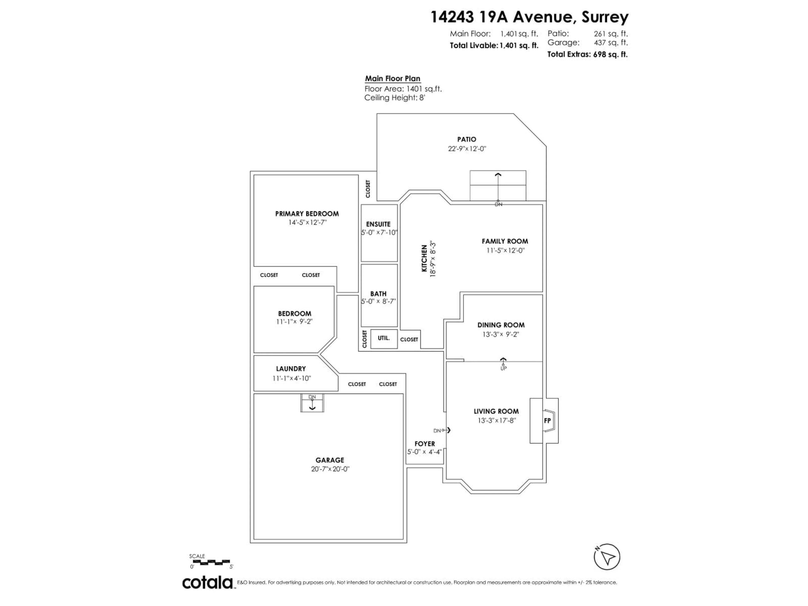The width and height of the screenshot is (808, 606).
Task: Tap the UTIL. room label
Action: tap(384, 338)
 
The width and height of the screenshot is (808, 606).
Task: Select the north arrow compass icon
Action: tap(607, 557)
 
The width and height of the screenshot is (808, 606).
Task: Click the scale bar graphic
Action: tap(210, 562)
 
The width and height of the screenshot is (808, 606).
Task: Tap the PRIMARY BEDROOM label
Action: tap(307, 214)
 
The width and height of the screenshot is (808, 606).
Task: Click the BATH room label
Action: tap(378, 294)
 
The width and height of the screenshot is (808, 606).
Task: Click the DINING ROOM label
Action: tap(501, 325)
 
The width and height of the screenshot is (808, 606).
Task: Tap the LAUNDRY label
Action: tap(291, 369)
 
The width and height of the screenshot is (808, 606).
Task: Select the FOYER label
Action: tap(424, 443)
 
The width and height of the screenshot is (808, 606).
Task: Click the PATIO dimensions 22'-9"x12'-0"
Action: tap(467, 149)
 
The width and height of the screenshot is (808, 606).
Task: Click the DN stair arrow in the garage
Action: tap(312, 404)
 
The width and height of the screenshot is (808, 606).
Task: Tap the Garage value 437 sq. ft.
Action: tap(611, 42)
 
